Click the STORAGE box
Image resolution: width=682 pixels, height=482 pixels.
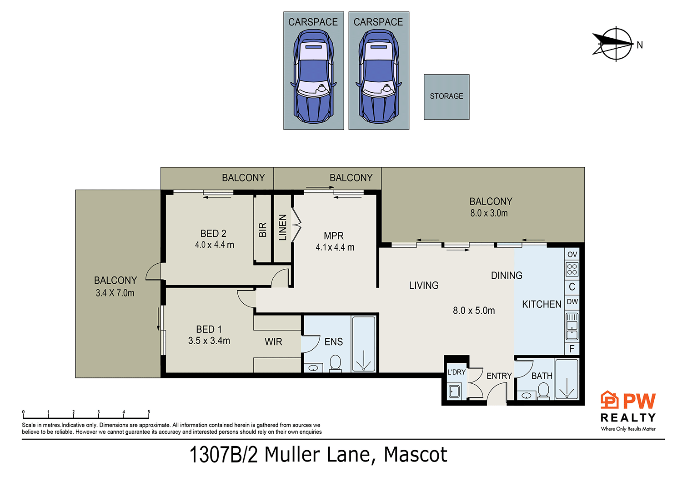[446, 97]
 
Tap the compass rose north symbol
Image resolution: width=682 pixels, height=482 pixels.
[616, 44]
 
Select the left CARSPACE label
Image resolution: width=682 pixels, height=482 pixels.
[313, 22]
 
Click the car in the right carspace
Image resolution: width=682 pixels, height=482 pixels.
[378, 76]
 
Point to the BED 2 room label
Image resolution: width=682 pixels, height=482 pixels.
[213, 233]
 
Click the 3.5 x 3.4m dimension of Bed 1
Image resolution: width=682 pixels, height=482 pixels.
[209, 341]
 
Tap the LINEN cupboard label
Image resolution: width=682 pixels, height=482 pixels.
[282, 227]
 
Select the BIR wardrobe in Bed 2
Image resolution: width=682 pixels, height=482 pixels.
[262, 230]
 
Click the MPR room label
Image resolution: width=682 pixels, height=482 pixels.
[334, 236]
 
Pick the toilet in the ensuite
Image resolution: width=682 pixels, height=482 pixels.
[335, 363]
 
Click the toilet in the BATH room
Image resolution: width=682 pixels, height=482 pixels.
[543, 390]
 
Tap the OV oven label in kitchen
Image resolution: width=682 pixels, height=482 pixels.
[572, 254]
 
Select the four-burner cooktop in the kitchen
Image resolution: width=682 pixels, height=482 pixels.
[572, 269]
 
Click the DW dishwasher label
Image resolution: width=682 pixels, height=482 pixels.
[572, 301]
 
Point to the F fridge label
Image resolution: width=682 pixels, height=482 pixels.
[572, 349]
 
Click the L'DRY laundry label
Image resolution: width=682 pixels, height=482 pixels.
[456, 372]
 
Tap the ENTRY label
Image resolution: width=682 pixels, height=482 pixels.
[499, 376]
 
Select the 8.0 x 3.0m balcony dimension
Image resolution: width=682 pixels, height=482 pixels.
[489, 213]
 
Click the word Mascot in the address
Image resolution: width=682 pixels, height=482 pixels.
[416, 454]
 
